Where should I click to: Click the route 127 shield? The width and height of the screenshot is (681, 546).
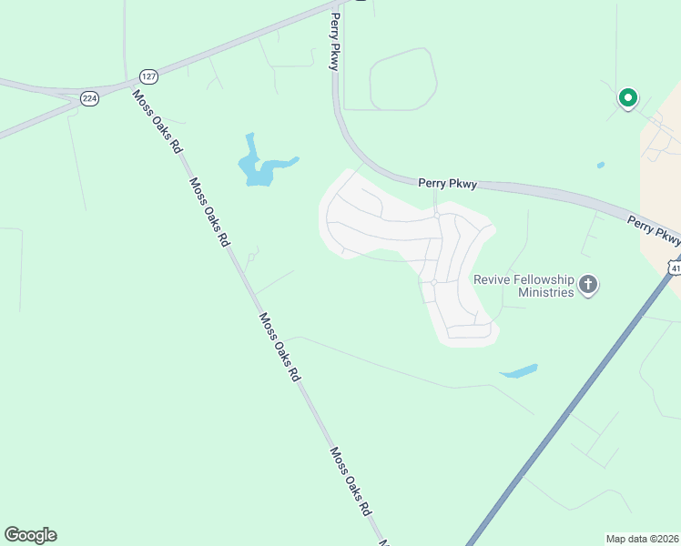147,76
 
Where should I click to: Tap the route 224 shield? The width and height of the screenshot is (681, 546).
89,98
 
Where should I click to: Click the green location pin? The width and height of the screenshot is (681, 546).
627,97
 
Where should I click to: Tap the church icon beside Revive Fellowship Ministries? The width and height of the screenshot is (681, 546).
588,286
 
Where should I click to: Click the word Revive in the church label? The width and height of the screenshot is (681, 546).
493,279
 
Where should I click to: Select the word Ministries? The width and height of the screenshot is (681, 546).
544,292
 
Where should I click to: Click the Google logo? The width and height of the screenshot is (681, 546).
30,535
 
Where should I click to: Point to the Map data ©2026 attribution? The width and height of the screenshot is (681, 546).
642,538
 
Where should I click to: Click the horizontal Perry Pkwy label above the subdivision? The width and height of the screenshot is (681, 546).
447,183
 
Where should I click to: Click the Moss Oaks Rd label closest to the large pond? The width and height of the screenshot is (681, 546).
208,212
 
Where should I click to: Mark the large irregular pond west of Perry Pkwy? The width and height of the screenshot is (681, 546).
258,166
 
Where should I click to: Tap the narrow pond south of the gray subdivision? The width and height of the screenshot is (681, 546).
519,371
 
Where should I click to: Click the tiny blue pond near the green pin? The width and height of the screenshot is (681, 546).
600,166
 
